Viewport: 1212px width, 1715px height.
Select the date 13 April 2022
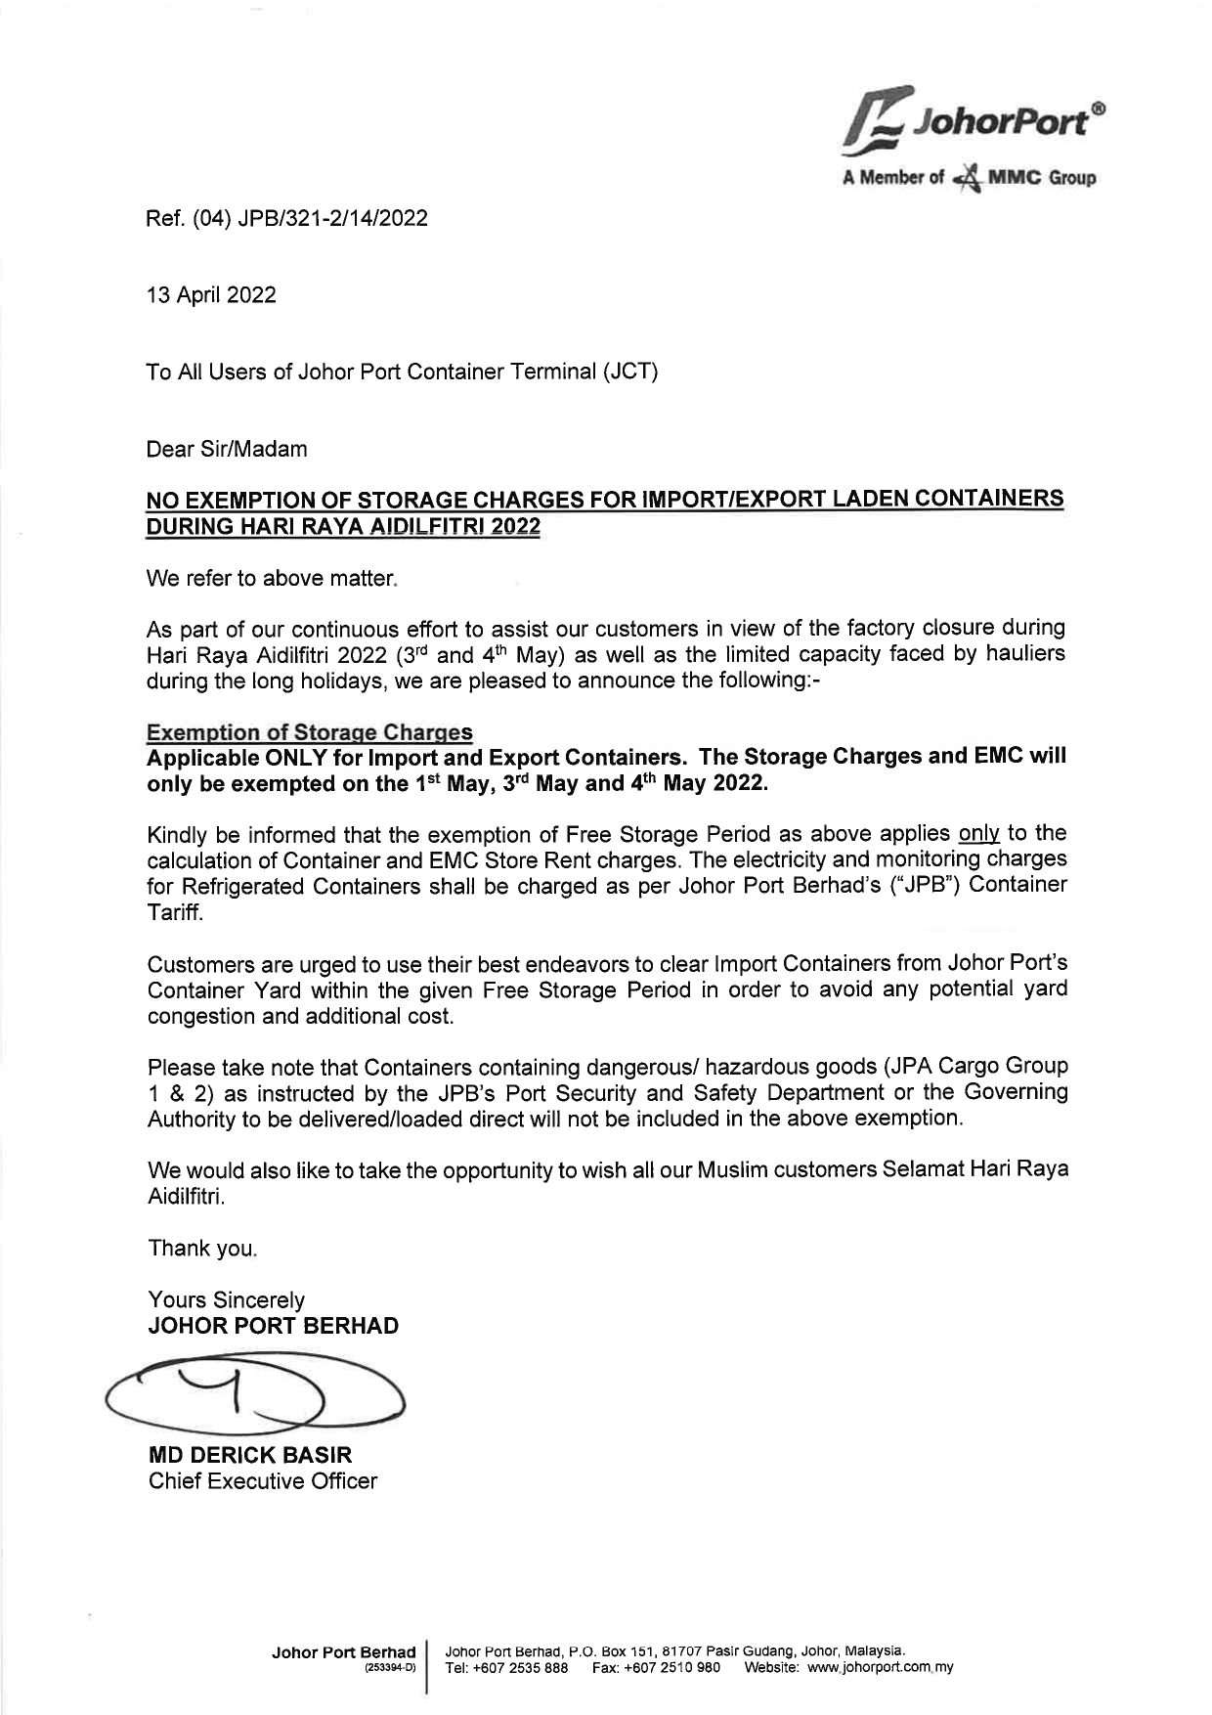[211, 295]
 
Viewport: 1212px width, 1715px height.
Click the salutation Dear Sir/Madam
[227, 450]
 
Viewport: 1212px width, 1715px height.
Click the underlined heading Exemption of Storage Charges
[309, 732]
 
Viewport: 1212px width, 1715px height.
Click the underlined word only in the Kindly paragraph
[978, 834]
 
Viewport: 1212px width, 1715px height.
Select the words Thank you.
[202, 1249]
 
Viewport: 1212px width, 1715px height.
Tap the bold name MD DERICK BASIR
[249, 1455]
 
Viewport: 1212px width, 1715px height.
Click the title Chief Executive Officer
[262, 1481]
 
